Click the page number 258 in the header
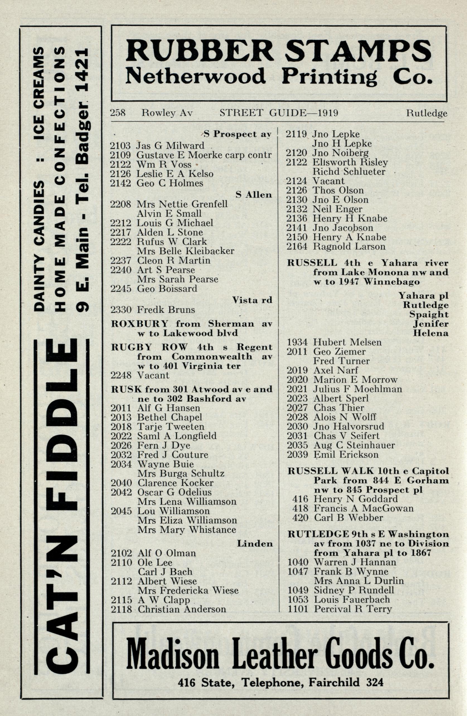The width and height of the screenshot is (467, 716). click(x=118, y=113)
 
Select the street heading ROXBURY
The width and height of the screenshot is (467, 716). click(x=139, y=324)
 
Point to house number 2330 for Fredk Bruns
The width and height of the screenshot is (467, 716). click(x=121, y=309)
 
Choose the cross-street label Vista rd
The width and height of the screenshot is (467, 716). click(x=252, y=300)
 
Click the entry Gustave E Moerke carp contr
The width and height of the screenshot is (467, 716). click(x=204, y=155)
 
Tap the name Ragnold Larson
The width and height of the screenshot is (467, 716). click(x=349, y=246)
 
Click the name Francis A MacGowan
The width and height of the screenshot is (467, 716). click(x=364, y=508)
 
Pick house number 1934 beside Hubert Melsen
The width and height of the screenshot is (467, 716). click(x=297, y=342)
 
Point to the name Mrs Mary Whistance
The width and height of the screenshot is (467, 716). click(x=187, y=529)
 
